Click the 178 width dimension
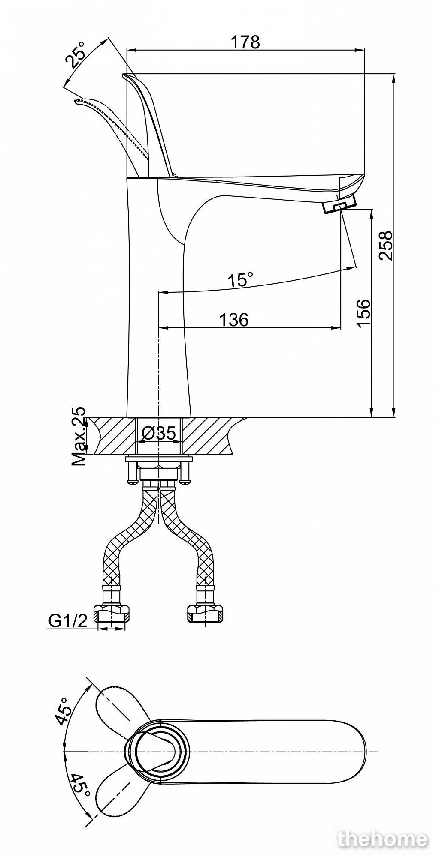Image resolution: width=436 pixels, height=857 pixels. [x=245, y=42]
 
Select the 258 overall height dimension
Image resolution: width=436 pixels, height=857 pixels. [x=386, y=246]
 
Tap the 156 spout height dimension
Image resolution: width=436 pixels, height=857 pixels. [x=363, y=313]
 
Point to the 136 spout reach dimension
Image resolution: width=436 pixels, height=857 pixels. [x=234, y=319]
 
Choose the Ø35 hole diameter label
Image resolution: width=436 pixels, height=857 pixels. [x=159, y=434]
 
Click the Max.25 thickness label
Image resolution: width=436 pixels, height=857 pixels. [x=78, y=436]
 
